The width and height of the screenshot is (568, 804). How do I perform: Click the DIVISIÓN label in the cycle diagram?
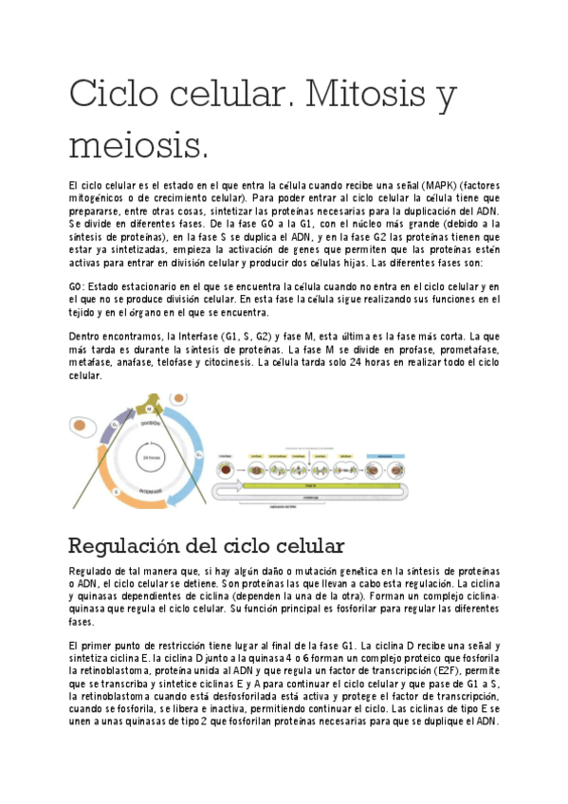[x=150, y=424]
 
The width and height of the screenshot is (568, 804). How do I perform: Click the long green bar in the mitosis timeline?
[x=313, y=487]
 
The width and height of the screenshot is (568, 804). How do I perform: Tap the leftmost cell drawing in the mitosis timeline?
[x=226, y=467]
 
